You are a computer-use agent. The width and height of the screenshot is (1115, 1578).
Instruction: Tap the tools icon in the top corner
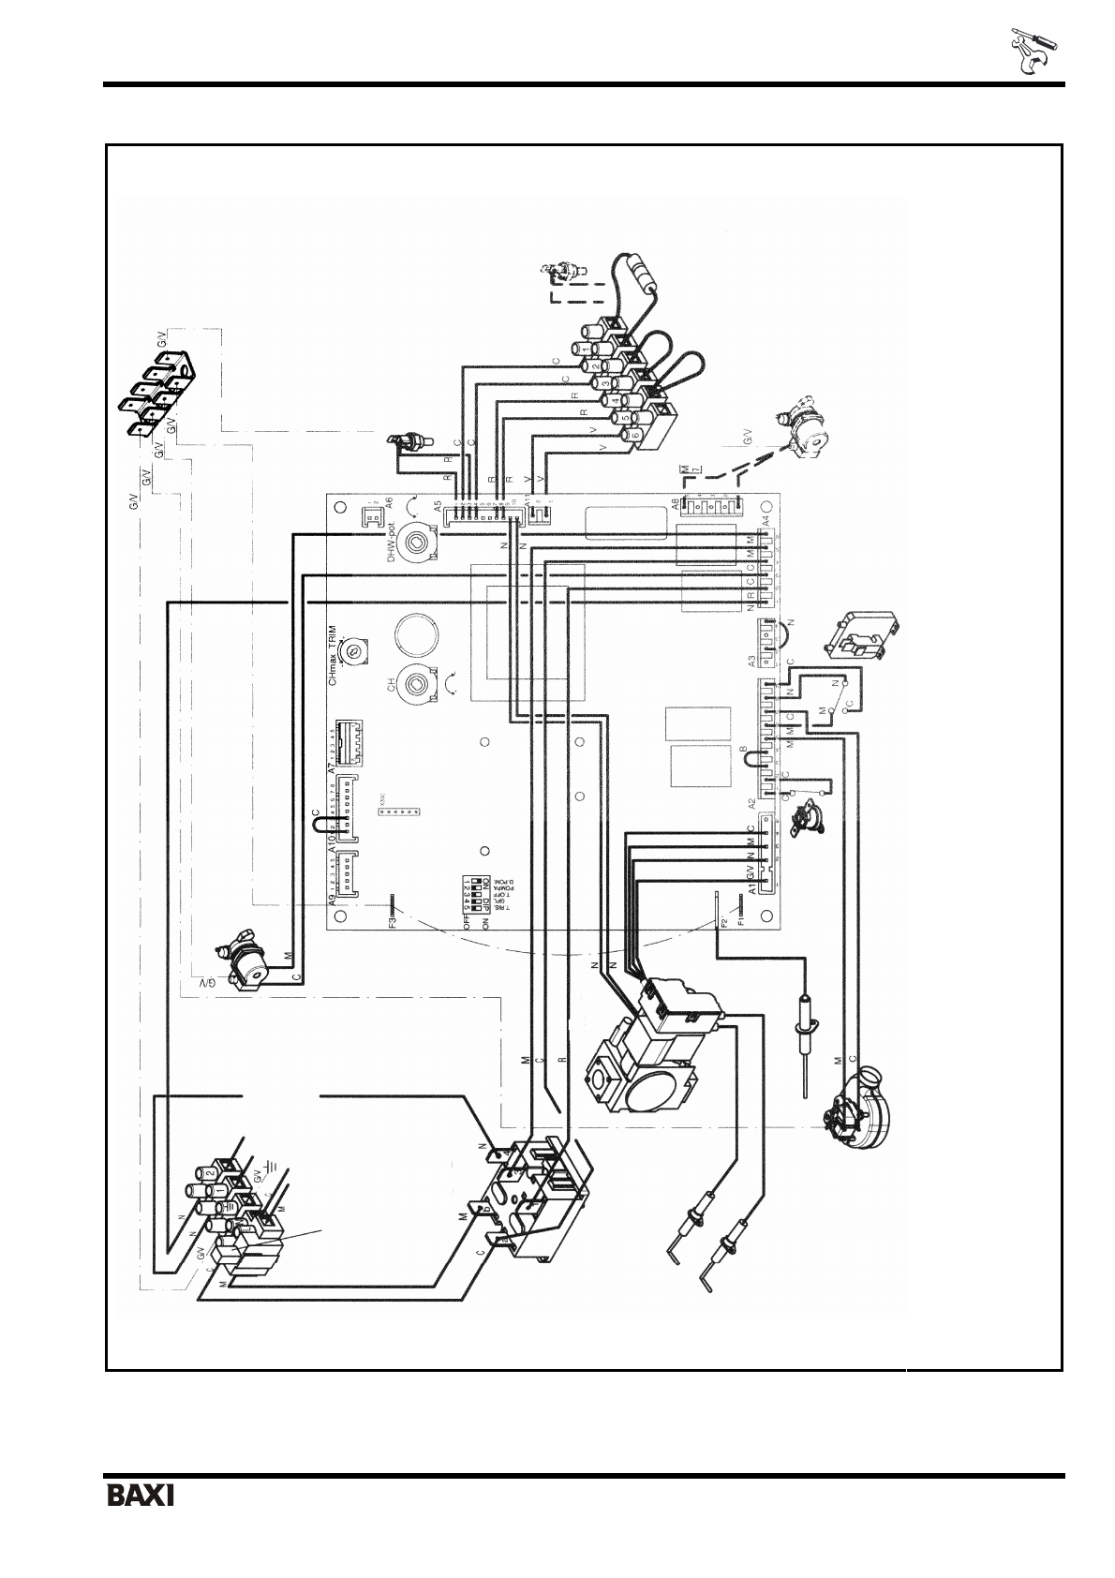[1033, 52]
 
